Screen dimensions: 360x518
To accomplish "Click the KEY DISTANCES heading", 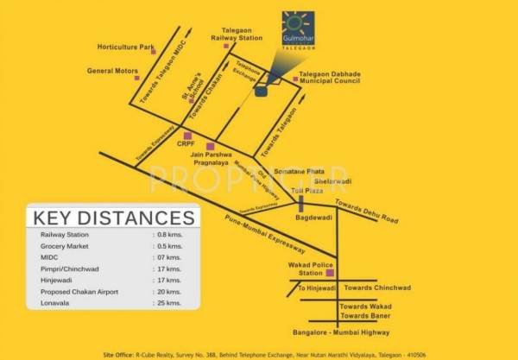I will coord(113,217).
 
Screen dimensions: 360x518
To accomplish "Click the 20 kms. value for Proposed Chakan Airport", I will coord(167,292).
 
